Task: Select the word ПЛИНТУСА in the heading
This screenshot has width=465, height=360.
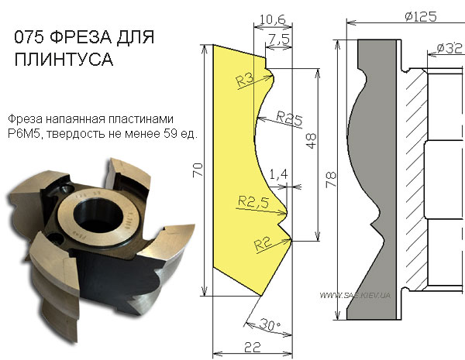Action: pos(64,59)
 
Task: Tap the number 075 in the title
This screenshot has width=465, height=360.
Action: pos(29,37)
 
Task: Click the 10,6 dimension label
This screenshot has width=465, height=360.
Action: pos(272,19)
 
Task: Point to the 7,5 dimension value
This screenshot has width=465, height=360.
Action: pos(279,39)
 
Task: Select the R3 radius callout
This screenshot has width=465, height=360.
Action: pos(245,80)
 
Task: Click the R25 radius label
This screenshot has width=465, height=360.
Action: pos(289,118)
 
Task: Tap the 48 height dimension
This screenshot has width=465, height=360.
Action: pos(312,141)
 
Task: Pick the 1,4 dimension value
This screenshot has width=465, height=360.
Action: pos(278,174)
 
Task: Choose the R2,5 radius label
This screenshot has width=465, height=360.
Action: pos(253,202)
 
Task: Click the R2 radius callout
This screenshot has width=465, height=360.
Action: pos(263,245)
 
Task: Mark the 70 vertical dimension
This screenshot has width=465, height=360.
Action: pos(198,170)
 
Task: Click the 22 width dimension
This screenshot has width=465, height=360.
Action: pos(253,347)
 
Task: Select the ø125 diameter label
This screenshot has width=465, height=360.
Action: pos(421,16)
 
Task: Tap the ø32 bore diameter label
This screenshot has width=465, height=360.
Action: pos(449,48)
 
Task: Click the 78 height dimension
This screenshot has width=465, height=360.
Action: pos(331,179)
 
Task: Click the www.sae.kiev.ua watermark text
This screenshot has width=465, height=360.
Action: pos(355,295)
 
